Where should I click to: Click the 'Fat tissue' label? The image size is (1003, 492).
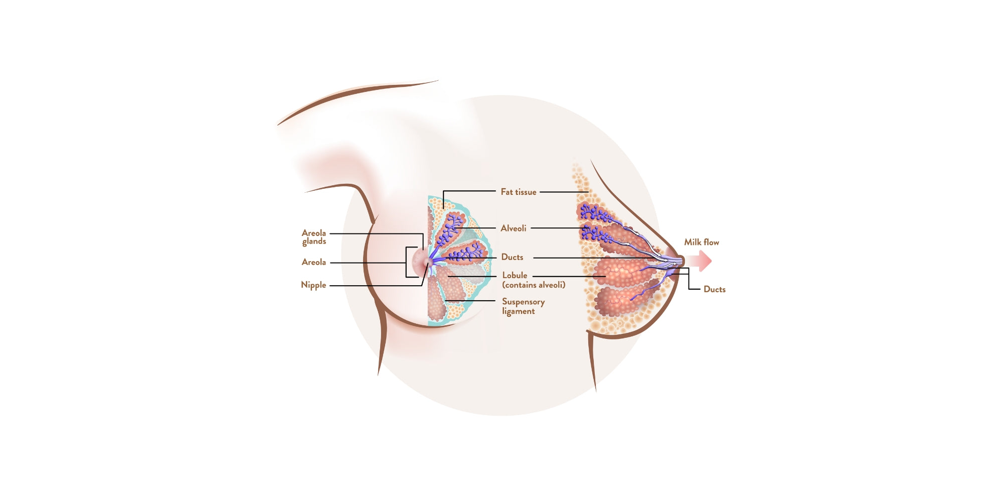tap(519, 192)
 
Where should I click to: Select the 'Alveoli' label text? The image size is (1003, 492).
tap(514, 228)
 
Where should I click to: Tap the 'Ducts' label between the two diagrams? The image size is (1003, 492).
tap(512, 257)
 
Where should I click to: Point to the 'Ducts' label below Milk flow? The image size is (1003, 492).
tap(715, 289)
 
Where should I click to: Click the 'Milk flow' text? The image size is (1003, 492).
tap(702, 242)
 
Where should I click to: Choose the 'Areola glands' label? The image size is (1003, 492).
tap(314, 237)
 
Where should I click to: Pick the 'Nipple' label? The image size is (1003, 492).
tap(313, 285)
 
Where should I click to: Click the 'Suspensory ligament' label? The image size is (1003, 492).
tap(523, 306)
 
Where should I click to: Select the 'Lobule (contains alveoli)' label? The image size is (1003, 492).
tap(534, 280)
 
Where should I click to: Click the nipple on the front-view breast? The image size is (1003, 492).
tap(427, 262)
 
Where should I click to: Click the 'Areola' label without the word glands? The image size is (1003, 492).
tap(314, 262)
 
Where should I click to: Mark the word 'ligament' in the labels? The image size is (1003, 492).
tap(519, 311)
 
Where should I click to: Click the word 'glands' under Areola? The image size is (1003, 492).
tap(314, 241)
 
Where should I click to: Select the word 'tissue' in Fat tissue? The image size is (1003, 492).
tap(526, 192)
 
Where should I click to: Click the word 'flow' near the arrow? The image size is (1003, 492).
tap(711, 242)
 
